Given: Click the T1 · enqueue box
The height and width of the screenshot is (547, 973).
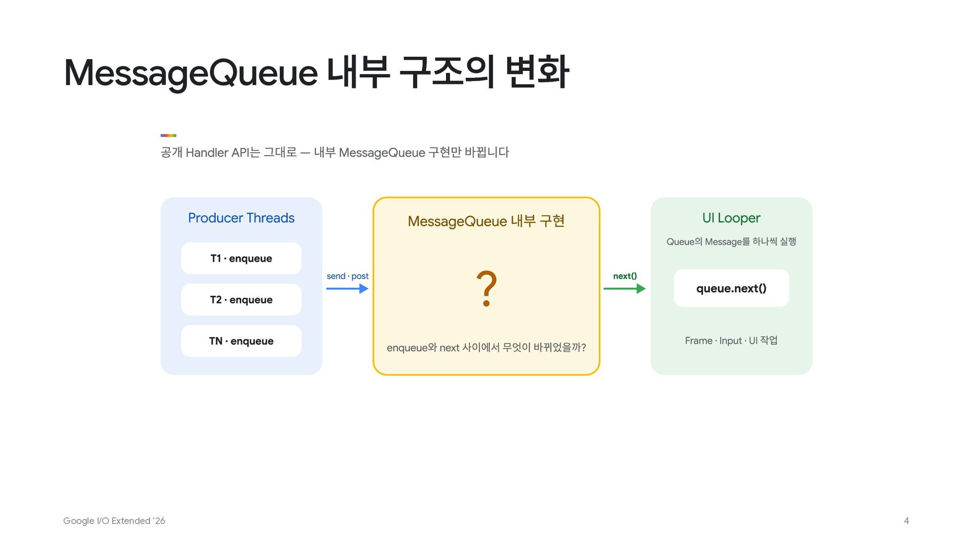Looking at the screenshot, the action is [x=241, y=258].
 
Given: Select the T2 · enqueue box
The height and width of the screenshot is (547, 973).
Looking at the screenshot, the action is [x=241, y=300].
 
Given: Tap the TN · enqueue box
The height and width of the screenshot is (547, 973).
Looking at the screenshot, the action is [x=241, y=341].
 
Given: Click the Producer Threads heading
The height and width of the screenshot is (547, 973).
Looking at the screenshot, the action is [x=241, y=218].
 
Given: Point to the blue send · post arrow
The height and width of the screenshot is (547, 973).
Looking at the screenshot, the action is [x=347, y=289].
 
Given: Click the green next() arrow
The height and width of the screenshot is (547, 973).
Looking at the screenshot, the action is [x=624, y=289].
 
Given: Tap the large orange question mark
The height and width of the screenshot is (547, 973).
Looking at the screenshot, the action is [x=486, y=289].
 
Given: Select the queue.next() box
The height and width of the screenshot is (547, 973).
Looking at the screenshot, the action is [x=731, y=288].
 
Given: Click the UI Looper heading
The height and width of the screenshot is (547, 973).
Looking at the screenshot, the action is [x=731, y=218].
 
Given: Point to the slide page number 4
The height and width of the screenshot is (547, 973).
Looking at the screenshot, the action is [x=907, y=521].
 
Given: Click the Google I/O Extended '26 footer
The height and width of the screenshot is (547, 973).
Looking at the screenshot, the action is [x=114, y=521].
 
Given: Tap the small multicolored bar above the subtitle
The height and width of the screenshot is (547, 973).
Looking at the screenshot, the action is [x=168, y=135].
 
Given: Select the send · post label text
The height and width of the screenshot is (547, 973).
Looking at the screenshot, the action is [x=348, y=276].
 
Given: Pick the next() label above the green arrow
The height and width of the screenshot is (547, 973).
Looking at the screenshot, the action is [x=625, y=276].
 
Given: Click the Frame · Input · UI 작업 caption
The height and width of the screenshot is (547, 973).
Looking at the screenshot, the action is [x=731, y=340].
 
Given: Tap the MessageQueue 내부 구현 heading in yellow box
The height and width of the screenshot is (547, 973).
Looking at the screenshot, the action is [x=486, y=221].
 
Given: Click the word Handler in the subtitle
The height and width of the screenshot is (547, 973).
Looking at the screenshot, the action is [x=207, y=152].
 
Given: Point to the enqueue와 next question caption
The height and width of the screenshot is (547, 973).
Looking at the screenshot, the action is [x=486, y=347].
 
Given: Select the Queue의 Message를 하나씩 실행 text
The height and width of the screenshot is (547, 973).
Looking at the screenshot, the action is [x=731, y=242].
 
